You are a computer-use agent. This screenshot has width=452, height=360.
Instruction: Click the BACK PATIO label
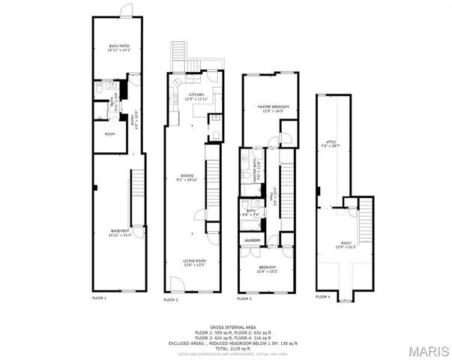pos(119,47)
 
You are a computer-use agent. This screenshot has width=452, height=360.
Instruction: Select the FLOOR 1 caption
pos(100,298)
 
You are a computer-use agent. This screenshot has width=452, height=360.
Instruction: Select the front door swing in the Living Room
pos(177,283)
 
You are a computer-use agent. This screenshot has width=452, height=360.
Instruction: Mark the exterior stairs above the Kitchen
pos(178,52)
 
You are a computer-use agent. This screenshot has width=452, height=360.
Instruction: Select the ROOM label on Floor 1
pos(109,134)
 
